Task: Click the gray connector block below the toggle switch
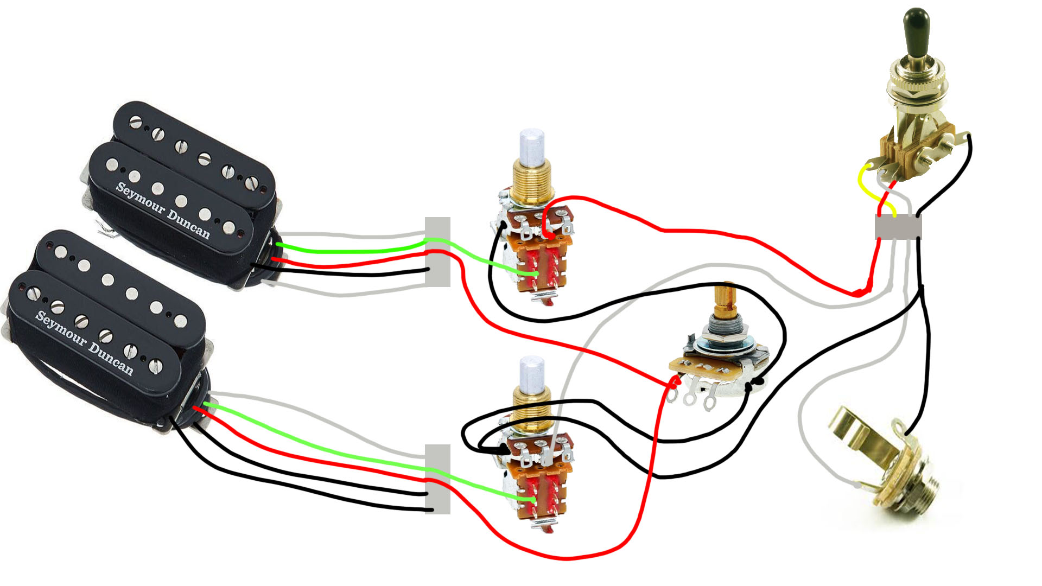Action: tap(898, 227)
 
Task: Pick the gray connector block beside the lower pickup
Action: tap(437, 479)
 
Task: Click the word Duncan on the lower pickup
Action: tap(111, 358)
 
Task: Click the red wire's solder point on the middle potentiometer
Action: tap(674, 383)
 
